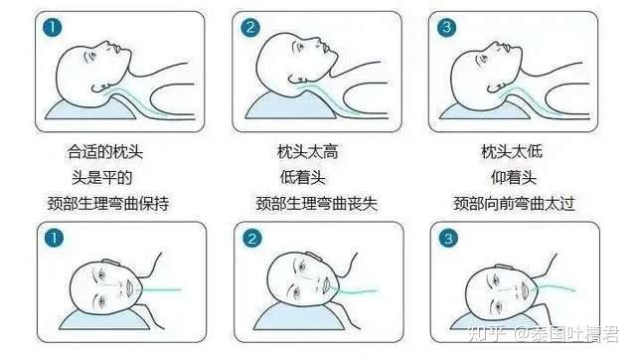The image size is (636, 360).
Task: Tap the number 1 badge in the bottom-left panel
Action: pos(51,239)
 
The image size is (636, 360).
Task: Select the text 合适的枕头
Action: pos(106,152)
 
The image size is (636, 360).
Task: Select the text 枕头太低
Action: pos(514,152)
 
